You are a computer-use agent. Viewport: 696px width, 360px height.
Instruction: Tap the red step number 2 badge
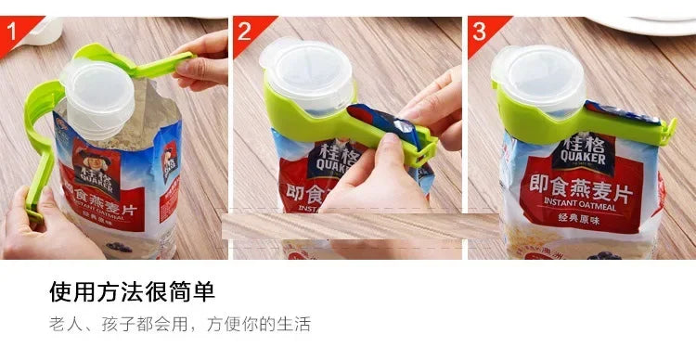[x=244, y=31]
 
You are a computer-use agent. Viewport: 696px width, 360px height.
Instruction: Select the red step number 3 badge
[x=479, y=31]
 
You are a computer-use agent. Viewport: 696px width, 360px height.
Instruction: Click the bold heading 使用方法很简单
[x=132, y=293]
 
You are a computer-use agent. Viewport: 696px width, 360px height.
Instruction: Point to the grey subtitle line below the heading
[x=179, y=325]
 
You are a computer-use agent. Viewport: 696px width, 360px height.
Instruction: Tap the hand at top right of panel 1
[x=204, y=60]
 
